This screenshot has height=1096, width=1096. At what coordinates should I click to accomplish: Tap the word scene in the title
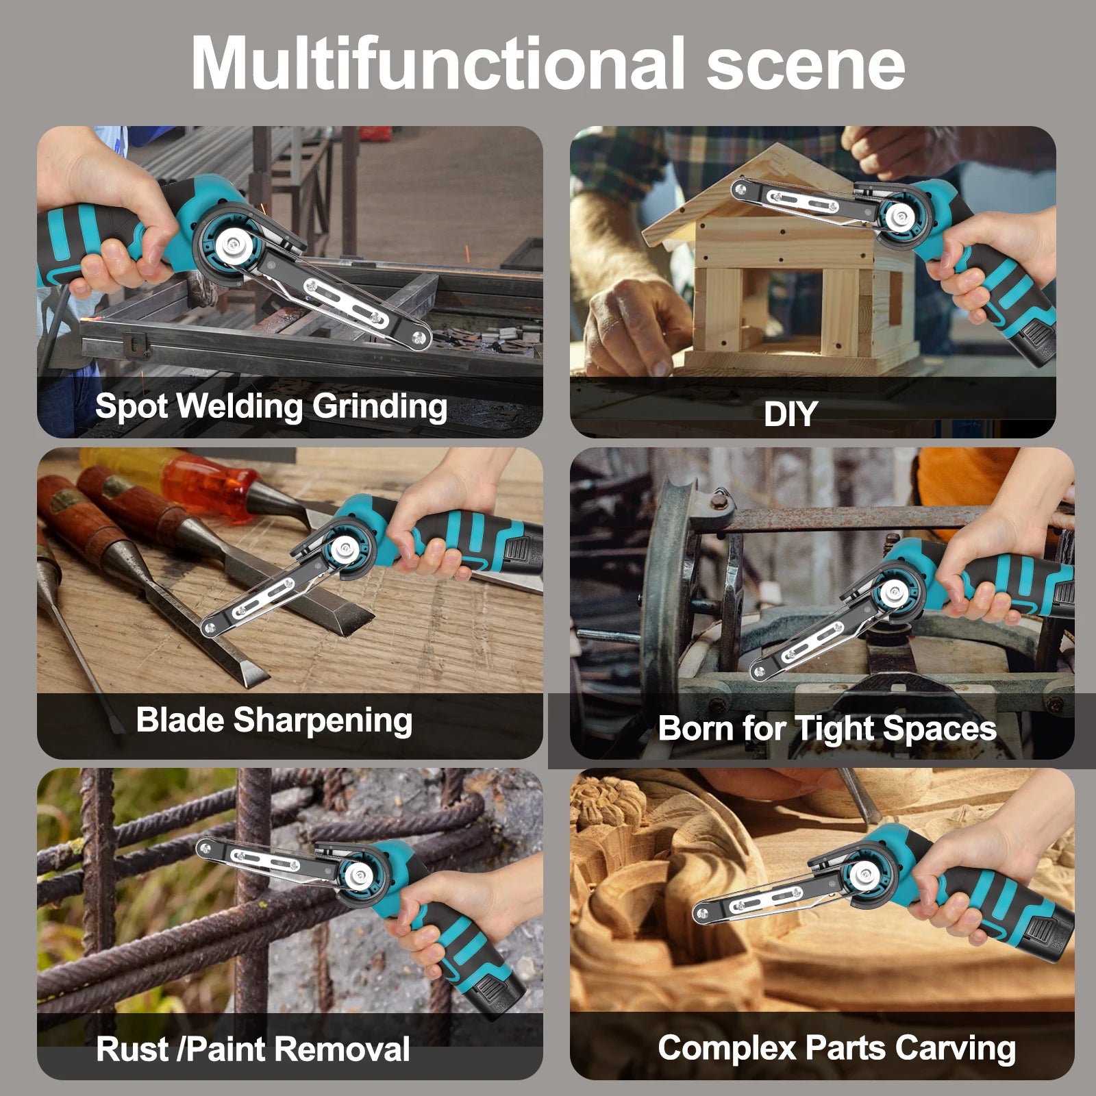point(806,67)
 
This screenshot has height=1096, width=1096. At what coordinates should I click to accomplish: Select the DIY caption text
point(790,414)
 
